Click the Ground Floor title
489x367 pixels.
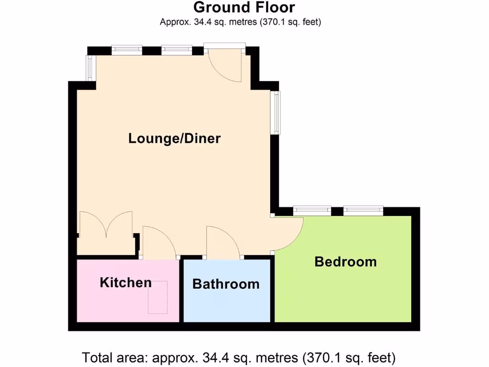tap(244, 8)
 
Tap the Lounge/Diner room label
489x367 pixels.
tap(174, 139)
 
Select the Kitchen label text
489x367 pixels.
tap(126, 282)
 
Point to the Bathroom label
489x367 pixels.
tap(226, 284)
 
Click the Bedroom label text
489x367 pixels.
tap(345, 261)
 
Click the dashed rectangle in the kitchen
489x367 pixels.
tap(158, 297)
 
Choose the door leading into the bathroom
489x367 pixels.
tap(223, 243)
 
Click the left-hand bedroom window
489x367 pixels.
tap(312, 209)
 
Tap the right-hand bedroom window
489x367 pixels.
tap(363, 209)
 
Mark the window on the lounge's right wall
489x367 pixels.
tap(276, 112)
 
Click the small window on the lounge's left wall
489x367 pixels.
tap(89, 67)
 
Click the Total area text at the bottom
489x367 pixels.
tap(239, 357)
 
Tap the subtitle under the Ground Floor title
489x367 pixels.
tap(240, 22)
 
